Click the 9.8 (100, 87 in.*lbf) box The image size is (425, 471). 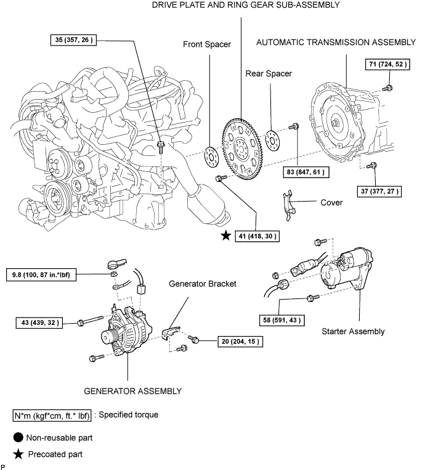click(x=41, y=275)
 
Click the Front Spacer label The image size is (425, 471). click(x=207, y=44)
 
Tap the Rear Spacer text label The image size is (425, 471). click(x=269, y=73)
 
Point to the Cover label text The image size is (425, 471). click(x=331, y=202)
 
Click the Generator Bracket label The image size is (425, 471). click(x=203, y=284)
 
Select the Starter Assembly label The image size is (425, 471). click(x=353, y=331)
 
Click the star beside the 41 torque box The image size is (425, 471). click(x=226, y=236)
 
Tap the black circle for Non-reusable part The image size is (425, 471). click(x=18, y=437)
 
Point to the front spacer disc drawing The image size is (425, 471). click(x=211, y=157)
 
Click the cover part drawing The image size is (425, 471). click(x=288, y=205)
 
